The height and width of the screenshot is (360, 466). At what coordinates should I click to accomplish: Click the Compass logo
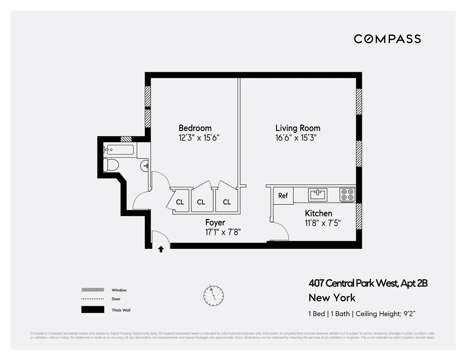387,39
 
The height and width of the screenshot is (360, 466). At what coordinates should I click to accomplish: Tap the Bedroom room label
195,128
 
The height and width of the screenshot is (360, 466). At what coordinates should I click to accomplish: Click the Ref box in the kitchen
283,196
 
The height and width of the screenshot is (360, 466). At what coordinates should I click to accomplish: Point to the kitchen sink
318,194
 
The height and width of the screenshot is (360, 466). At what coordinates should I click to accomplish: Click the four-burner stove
347,195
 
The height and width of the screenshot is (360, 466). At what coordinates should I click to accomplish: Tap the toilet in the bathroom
111,165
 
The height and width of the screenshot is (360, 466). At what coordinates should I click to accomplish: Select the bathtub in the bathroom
119,150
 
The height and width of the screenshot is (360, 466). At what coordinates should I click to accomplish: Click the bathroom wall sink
145,166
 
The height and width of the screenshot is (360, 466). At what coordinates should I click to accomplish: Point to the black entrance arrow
161,249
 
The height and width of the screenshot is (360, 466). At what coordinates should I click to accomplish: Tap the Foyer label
215,223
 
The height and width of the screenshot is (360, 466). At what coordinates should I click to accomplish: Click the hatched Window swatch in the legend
93,290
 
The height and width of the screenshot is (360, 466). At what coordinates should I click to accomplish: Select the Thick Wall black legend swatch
93,310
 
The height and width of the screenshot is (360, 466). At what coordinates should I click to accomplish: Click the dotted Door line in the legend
93,299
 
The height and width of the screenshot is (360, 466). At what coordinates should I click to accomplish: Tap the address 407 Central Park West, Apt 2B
368,283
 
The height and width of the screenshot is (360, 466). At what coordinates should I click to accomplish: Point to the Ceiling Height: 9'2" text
388,314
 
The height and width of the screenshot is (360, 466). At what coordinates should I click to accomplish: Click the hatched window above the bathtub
126,139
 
